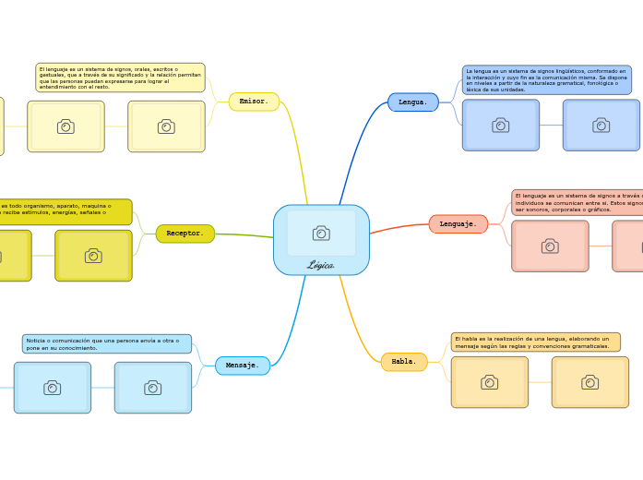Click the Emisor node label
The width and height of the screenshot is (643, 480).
point(254,102)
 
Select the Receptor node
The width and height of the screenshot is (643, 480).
point(185,234)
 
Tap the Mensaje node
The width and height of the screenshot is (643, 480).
point(243,366)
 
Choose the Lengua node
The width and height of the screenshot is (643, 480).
point(412,102)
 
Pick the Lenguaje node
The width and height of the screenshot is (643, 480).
point(458,224)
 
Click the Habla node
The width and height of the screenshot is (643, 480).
point(404,362)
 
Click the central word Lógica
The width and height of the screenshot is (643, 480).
point(321,265)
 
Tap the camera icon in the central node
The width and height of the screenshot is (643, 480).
point(321,234)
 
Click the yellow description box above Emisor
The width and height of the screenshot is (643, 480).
point(120,78)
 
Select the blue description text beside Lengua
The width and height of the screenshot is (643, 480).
point(546,80)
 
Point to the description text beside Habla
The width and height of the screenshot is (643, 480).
point(535,342)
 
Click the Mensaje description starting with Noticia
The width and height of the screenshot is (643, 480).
point(107,344)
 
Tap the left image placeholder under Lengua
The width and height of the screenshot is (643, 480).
point(500,126)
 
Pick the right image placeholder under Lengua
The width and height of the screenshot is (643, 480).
point(601,126)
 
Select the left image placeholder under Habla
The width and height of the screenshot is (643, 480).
point(489,382)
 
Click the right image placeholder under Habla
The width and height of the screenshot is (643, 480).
point(589,382)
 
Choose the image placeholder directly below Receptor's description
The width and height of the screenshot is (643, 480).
point(93,256)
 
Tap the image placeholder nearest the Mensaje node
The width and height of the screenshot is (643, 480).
point(152,388)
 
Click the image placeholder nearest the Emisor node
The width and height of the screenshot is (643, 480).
point(166,126)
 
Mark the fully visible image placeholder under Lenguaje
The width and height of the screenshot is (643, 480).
point(550,246)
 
